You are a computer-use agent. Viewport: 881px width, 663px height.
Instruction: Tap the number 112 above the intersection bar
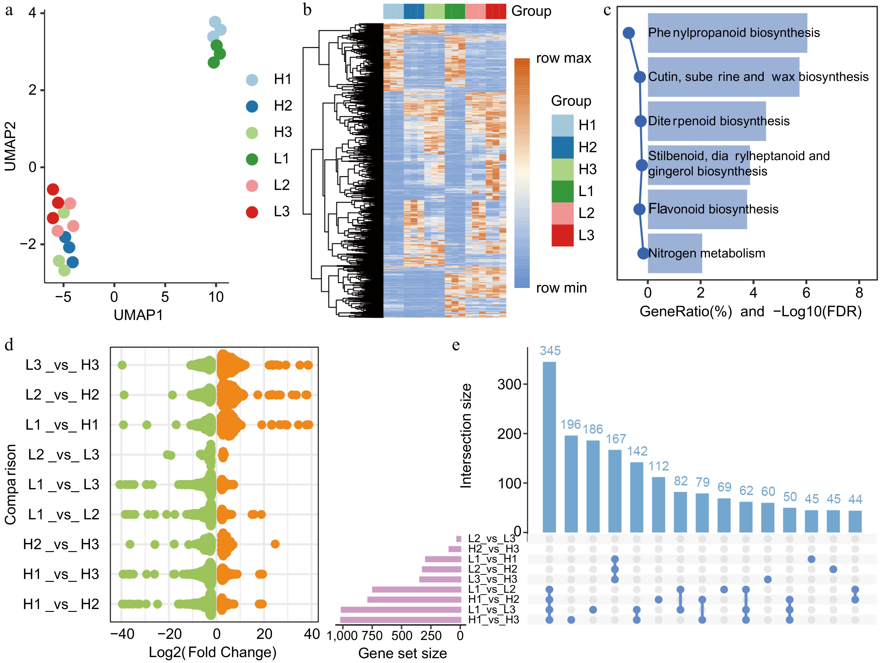[658, 466]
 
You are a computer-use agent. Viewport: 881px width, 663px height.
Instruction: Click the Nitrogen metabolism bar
[675, 253]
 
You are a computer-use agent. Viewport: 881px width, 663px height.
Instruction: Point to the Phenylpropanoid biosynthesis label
[734, 33]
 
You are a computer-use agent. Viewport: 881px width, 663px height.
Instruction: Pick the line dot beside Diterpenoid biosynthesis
[640, 121]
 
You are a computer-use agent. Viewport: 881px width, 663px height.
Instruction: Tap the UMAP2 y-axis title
[10, 146]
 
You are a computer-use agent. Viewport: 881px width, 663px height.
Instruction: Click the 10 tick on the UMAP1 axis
[216, 297]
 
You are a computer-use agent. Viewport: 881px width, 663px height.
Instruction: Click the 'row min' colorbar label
[561, 288]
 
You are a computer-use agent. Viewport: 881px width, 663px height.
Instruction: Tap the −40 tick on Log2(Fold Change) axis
[122, 634]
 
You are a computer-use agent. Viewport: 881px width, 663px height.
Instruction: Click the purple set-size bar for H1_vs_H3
[401, 620]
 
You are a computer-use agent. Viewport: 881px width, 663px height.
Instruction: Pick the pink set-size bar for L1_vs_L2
[416, 589]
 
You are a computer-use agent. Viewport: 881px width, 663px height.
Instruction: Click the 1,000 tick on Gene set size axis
[342, 636]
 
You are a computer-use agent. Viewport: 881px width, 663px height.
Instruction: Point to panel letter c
[607, 10]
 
